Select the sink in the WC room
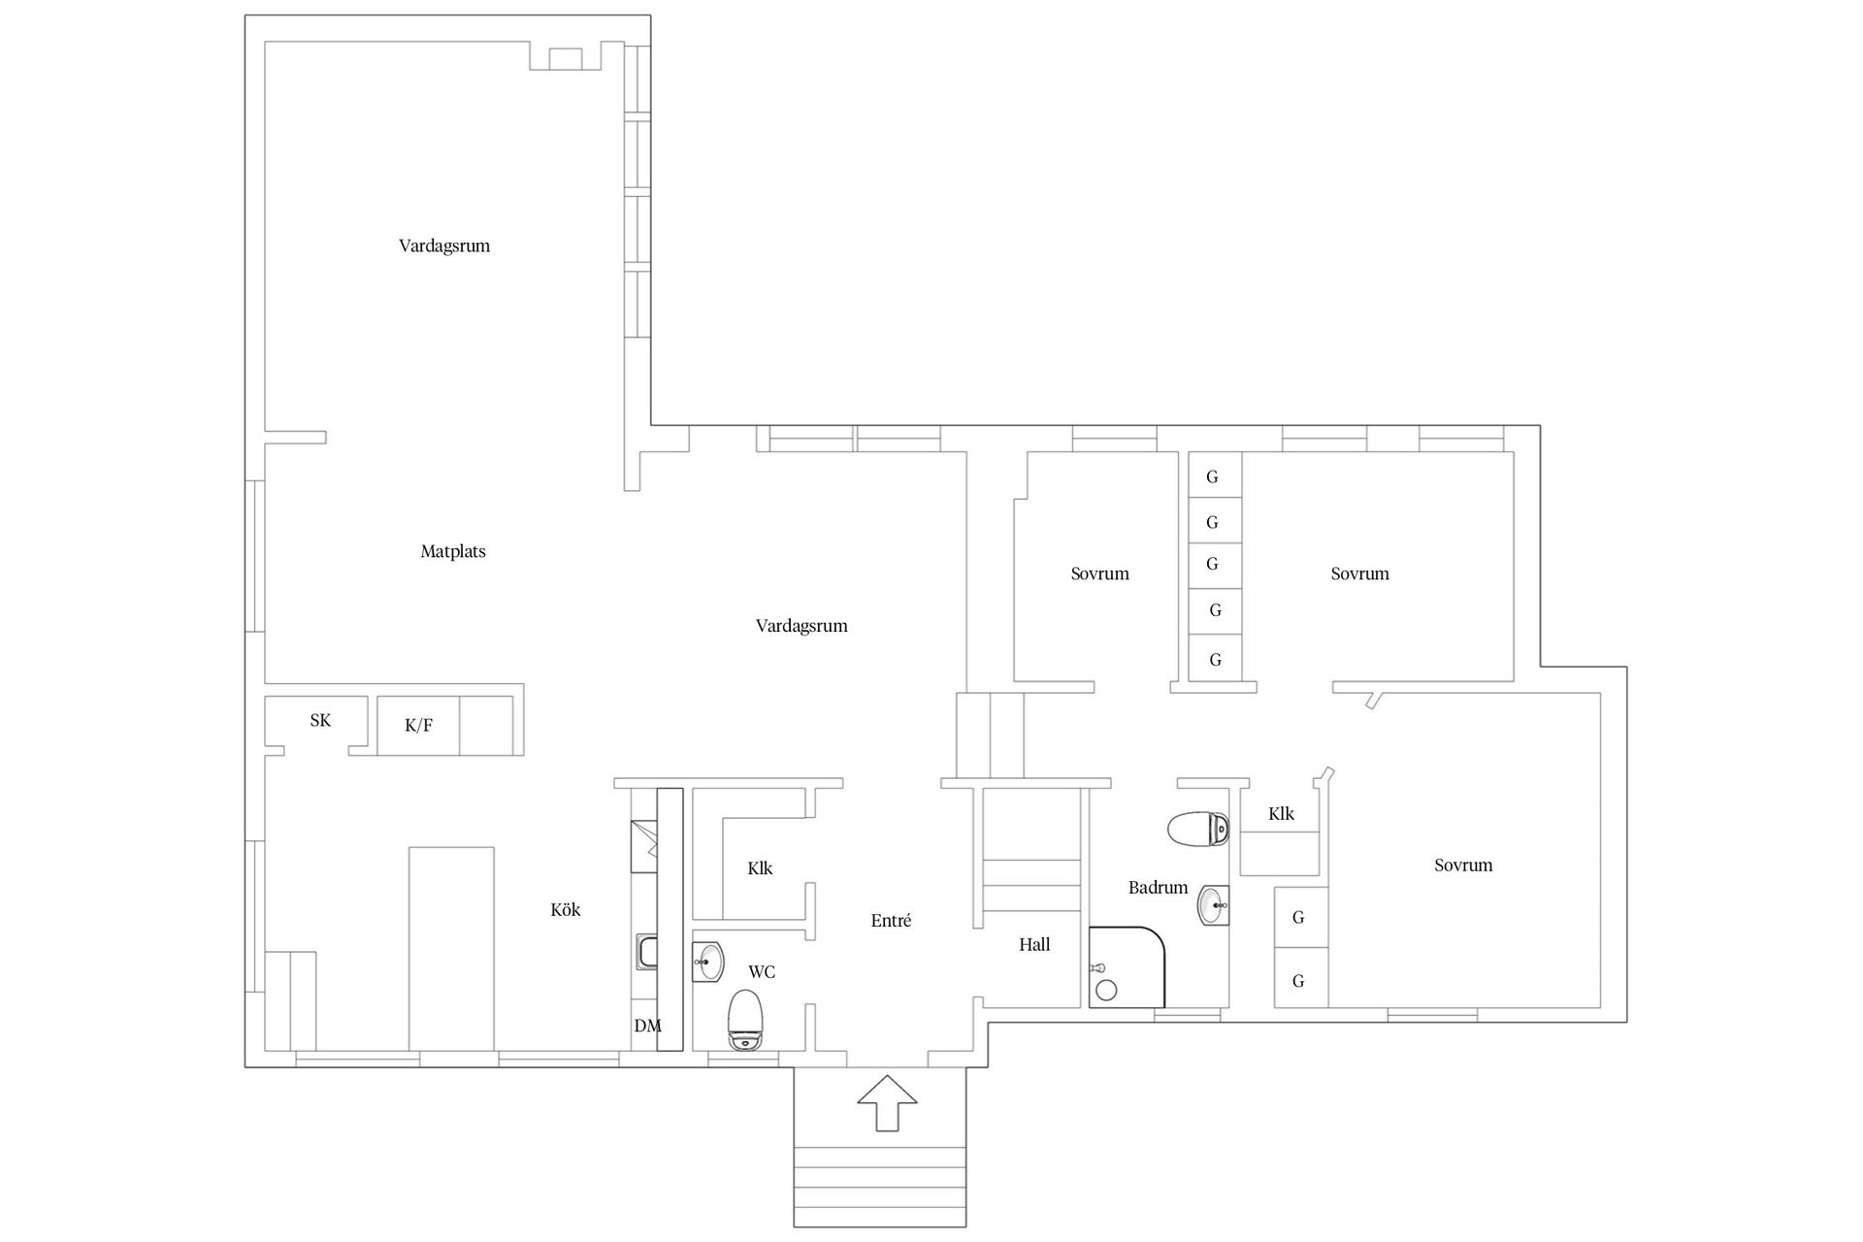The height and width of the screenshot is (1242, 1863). [708, 963]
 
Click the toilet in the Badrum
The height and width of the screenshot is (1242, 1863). [1198, 830]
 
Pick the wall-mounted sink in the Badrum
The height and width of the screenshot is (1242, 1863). [1213, 906]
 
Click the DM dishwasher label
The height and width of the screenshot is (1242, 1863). [647, 1026]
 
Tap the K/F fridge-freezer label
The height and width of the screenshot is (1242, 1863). [418, 725]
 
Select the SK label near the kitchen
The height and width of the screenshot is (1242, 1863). [320, 720]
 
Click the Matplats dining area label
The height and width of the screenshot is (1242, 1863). [453, 551]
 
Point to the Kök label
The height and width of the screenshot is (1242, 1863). [566, 909]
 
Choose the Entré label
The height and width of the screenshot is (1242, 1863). [891, 921]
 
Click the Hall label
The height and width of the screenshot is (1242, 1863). [1034, 944]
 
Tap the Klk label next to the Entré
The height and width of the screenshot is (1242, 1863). [760, 867]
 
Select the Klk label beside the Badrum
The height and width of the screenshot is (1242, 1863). [1281, 814]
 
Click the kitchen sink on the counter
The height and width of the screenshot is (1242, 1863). [647, 952]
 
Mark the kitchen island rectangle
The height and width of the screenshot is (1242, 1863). [451, 947]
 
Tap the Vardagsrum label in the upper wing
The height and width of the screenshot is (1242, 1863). [444, 245]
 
